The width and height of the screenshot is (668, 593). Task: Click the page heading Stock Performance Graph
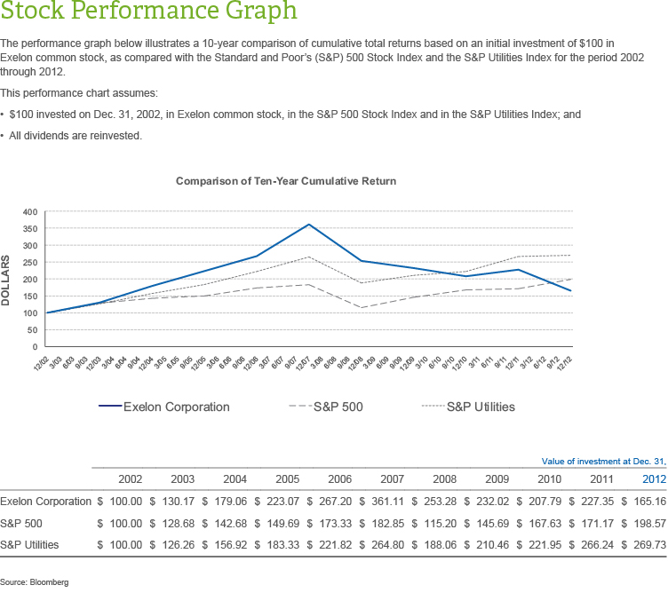(149, 13)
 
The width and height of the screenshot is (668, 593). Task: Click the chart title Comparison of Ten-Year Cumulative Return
(286, 181)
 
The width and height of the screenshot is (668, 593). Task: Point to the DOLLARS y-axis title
(8, 281)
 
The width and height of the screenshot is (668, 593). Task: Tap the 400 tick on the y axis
(30, 212)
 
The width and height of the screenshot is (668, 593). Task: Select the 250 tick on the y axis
(30, 263)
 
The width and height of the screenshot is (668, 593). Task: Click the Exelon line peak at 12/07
(308, 225)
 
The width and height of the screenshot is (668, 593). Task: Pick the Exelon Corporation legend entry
(176, 407)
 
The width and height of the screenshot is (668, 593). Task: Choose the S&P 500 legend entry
(338, 407)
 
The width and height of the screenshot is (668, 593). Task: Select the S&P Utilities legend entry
(480, 407)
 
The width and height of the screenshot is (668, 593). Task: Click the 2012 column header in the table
(653, 478)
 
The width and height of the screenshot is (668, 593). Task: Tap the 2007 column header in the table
(392, 478)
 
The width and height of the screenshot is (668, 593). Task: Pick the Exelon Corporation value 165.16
(650, 501)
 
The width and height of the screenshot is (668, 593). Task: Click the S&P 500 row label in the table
(22, 524)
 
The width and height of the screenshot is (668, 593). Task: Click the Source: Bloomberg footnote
(34, 582)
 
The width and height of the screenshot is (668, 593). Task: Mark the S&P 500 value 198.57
(650, 524)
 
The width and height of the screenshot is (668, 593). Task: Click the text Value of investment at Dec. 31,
(603, 461)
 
